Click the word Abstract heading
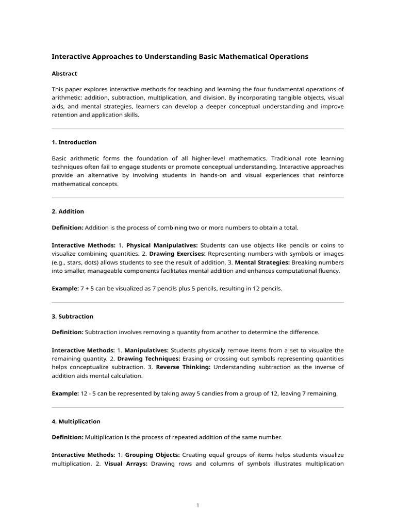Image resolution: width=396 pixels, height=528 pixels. [x=64, y=74]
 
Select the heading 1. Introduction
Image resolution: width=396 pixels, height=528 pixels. [x=74, y=142]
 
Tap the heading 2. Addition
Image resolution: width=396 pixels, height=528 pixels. [x=68, y=211]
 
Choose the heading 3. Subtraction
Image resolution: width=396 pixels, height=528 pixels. [x=73, y=316]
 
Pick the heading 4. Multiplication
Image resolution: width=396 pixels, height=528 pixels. [x=76, y=421]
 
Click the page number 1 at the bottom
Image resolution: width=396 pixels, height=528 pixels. [x=197, y=505]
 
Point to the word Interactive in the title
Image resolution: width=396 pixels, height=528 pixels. [x=71, y=56]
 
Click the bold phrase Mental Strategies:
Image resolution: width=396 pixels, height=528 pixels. [x=260, y=262]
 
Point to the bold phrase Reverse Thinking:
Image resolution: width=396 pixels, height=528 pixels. [x=183, y=367]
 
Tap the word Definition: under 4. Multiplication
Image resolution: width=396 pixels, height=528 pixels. [x=68, y=437]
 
